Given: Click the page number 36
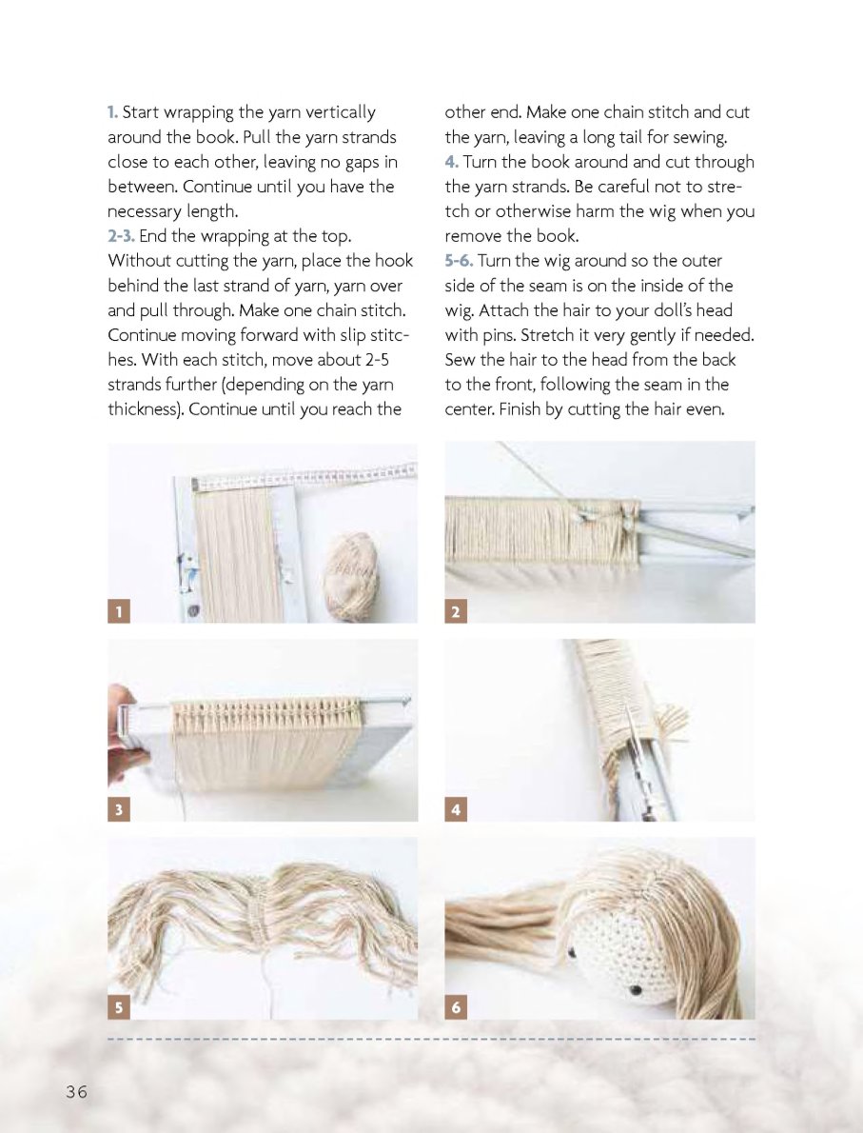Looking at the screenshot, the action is coord(76,1091).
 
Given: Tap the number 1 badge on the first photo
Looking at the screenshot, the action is coord(119,611).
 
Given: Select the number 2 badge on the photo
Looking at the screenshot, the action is coord(456,611).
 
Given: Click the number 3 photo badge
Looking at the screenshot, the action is coord(119,809).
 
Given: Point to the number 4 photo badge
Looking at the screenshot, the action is coord(456,809).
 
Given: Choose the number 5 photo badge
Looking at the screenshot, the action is coord(119,1007).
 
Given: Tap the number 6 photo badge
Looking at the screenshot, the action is coord(456,1007).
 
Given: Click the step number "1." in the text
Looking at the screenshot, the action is coord(112,112).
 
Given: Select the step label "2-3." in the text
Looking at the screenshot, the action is coord(122,235).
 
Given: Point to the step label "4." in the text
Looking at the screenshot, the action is coord(451,162).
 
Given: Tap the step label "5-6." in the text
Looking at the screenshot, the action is coord(459,261).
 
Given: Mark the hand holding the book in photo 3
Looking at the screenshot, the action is coord(123,736).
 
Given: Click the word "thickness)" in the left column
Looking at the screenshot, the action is coord(146,409).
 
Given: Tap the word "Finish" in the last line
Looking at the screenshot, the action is coord(520,409).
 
